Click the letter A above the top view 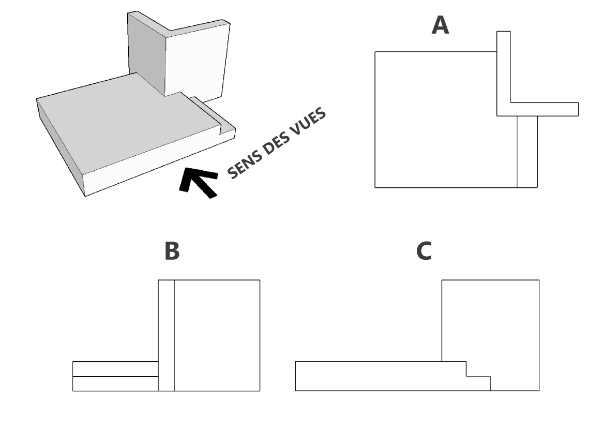point(440,25)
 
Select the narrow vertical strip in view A point(527,151)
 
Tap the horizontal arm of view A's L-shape point(543,109)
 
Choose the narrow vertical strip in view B point(166,335)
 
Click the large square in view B point(217,335)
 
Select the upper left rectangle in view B point(115,369)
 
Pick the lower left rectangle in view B point(115,384)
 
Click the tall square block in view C point(490,321)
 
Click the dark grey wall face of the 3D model point(146,52)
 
